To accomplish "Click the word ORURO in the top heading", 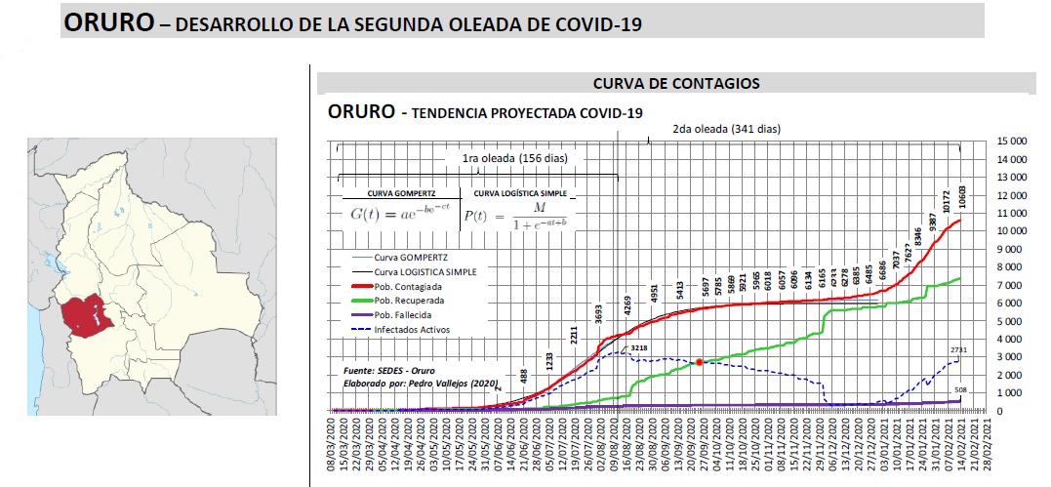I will point(107,22).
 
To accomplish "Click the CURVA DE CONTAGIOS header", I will point(676,84).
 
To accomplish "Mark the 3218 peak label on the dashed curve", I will point(639,348).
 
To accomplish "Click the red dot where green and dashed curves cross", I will point(699,362).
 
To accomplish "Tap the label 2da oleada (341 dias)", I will point(727,129).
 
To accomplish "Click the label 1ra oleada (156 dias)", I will point(514,158).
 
